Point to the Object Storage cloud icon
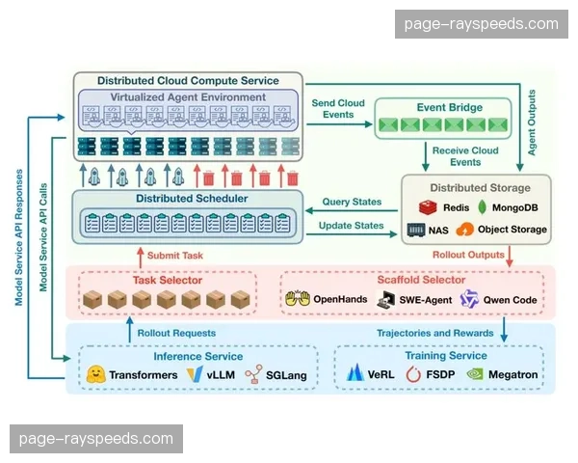[x=465, y=231]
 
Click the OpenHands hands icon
[x=297, y=300]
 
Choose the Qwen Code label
[x=512, y=300]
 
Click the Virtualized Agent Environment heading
[x=189, y=97]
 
